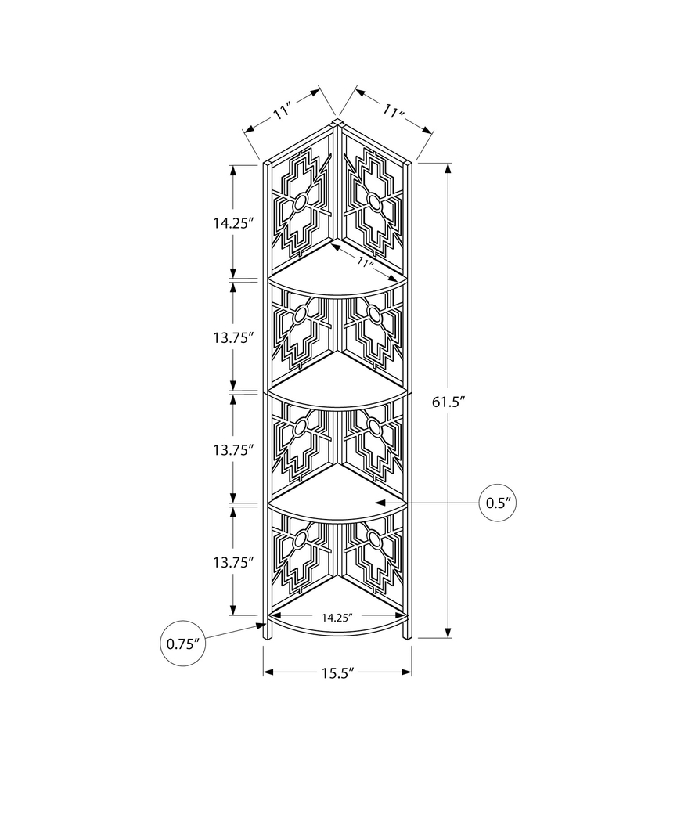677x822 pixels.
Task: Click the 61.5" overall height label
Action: coord(449,402)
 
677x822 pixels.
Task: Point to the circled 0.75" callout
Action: coord(185,644)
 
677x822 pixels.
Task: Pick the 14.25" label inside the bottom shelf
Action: coord(337,617)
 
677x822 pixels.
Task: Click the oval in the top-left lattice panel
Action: coord(298,204)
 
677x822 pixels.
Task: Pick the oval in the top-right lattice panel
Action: coord(374,204)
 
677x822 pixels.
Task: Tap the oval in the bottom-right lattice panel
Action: coord(374,541)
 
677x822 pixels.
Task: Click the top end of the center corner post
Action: coord(337,121)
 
